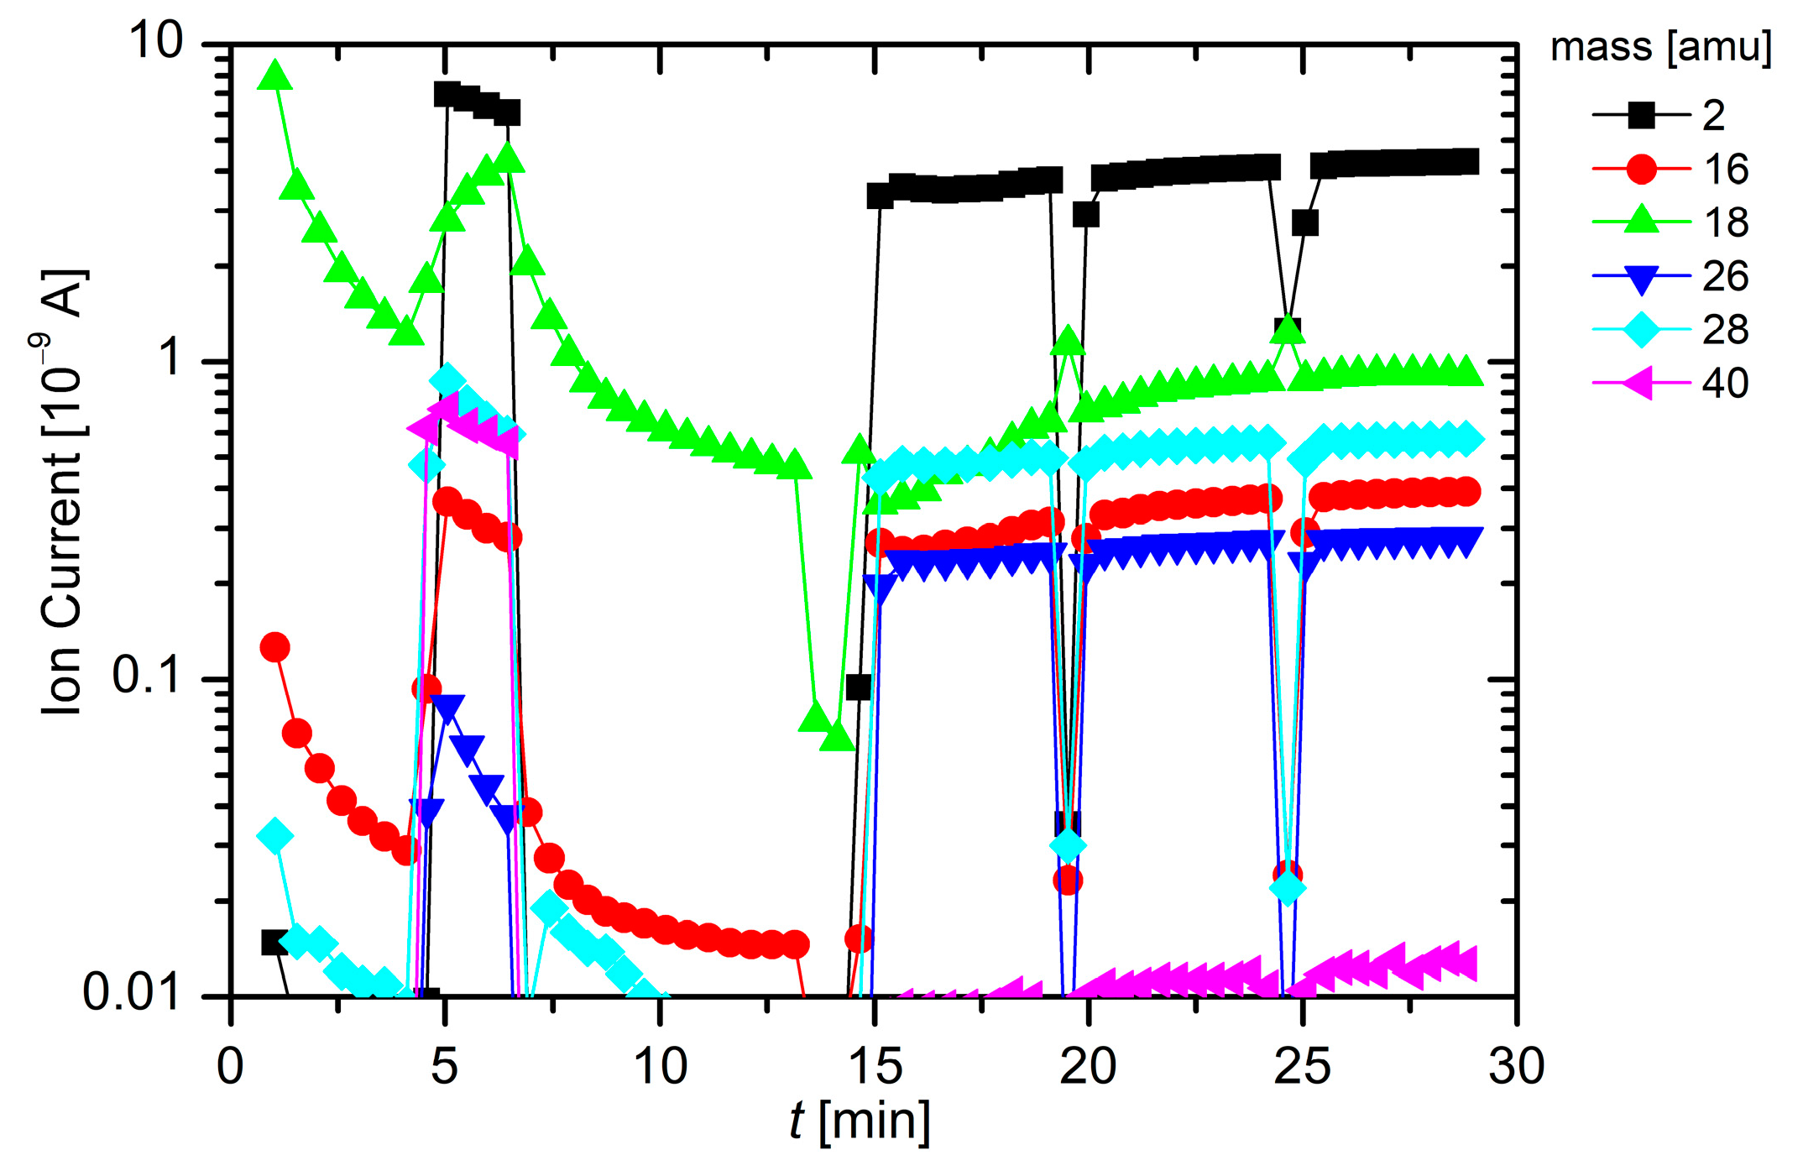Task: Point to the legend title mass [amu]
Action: coord(1660,47)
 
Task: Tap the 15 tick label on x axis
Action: coord(875,1066)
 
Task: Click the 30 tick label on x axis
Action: coord(1516,1066)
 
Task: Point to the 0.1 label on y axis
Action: coord(147,676)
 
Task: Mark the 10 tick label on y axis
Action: coord(155,40)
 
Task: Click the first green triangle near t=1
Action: coord(275,76)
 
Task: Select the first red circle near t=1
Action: coord(275,647)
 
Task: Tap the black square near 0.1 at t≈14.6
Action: coord(858,687)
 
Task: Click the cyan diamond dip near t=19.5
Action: coord(1068,844)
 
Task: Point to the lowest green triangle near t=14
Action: coord(837,737)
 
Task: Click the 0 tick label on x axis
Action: coord(230,1066)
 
